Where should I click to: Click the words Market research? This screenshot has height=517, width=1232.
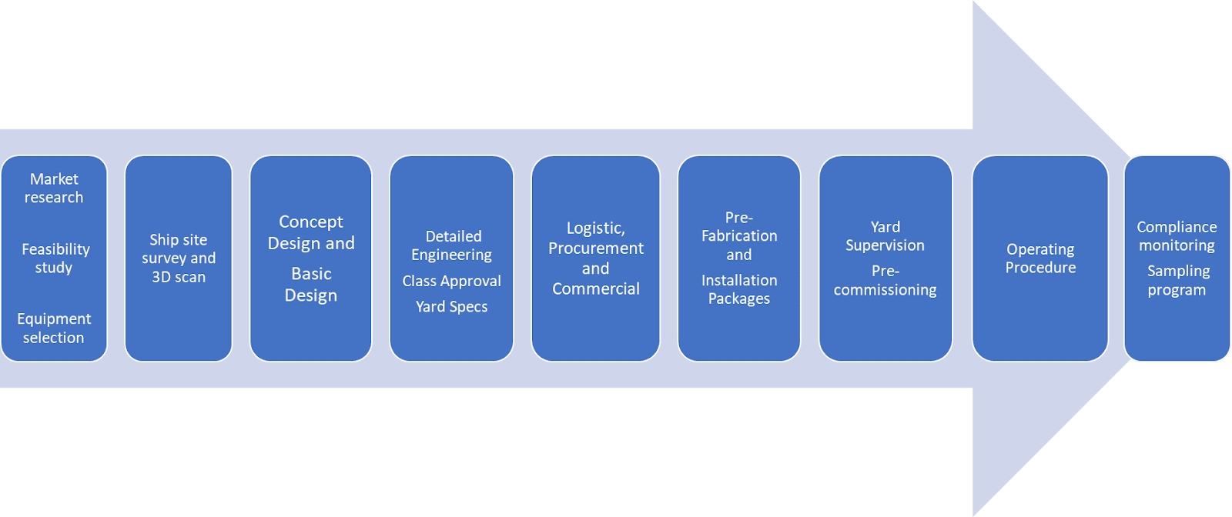click(54, 188)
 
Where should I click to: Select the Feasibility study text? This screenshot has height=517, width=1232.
click(55, 258)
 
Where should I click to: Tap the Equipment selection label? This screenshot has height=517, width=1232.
click(54, 329)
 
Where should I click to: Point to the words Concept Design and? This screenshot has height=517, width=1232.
click(311, 232)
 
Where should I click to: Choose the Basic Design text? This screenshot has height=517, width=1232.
click(311, 285)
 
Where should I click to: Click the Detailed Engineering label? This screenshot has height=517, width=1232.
click(452, 245)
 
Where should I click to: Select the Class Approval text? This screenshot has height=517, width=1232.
click(452, 281)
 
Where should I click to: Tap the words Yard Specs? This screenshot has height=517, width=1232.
click(452, 307)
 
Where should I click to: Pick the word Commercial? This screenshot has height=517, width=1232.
click(595, 289)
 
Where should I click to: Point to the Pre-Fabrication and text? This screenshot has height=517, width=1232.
click(739, 235)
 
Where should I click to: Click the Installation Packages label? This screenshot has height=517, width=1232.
click(739, 289)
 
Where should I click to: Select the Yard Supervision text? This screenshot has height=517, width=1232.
click(885, 236)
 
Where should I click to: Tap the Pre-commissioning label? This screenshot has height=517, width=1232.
click(885, 281)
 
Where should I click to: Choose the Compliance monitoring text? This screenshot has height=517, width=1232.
click(1177, 236)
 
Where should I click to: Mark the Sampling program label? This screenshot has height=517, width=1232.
click(1177, 281)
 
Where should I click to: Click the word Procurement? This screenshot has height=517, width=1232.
click(595, 248)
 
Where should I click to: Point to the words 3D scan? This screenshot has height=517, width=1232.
click(179, 277)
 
